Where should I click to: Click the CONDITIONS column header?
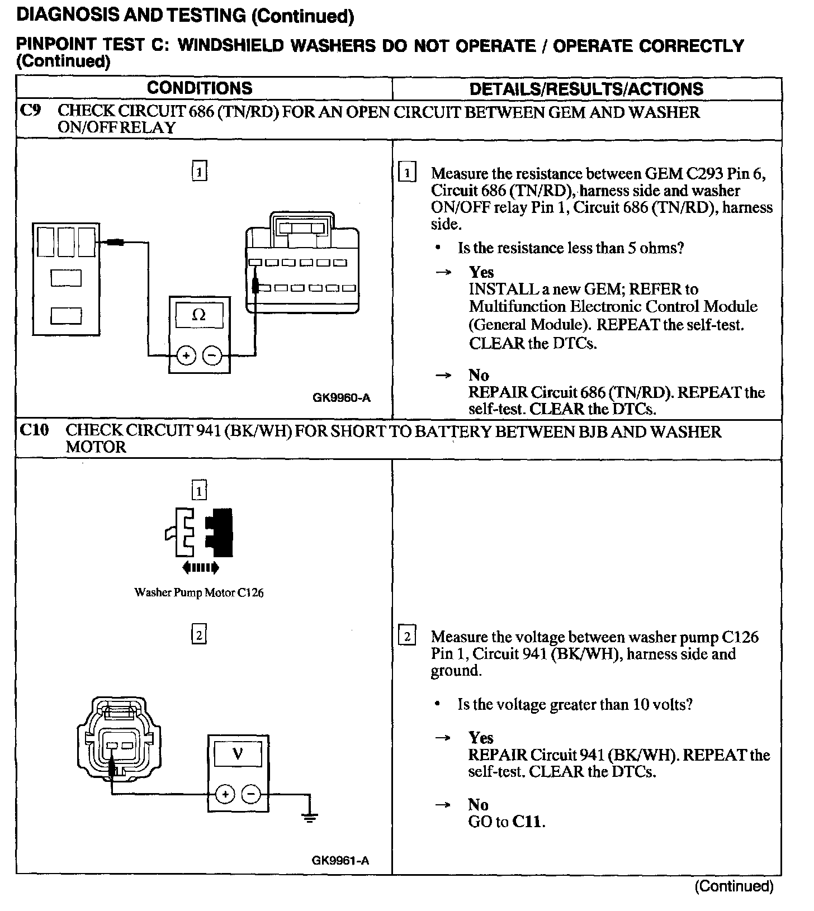[x=200, y=88]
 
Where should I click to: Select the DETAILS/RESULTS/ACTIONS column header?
[x=586, y=89]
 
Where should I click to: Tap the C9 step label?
[x=30, y=111]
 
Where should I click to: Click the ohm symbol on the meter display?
[x=198, y=315]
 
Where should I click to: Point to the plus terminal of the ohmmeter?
[x=186, y=355]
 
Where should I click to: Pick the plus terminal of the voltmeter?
[x=225, y=794]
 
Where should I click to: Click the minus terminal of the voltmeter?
[x=251, y=794]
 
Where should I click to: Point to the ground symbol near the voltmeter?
[x=310, y=817]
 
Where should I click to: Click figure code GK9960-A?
[x=341, y=398]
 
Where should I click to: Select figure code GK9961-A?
[x=340, y=860]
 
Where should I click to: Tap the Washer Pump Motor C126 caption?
[x=199, y=592]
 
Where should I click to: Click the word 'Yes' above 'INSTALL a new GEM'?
[x=481, y=272]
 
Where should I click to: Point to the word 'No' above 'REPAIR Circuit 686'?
[x=479, y=374]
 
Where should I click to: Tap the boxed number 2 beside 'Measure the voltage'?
[x=407, y=637]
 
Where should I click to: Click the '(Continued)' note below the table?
[x=733, y=886]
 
